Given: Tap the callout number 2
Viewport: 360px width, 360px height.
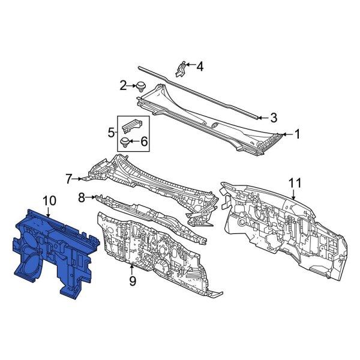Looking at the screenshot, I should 124,86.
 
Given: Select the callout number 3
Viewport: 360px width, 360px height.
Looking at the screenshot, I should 273,117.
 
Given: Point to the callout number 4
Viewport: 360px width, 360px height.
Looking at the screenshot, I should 200,66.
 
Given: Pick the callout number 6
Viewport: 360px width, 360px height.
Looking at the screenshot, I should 143,142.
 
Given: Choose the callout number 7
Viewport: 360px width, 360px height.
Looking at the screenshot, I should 69,178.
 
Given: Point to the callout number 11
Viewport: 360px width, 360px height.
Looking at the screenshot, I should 294,182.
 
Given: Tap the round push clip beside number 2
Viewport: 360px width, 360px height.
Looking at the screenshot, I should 142,86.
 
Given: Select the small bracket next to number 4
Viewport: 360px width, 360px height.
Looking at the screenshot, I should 180,68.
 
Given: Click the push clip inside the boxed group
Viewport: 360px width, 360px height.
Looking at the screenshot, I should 126,142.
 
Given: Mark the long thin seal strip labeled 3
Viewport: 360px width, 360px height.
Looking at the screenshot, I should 198,90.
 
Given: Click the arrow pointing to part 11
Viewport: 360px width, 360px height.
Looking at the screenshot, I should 294,193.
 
